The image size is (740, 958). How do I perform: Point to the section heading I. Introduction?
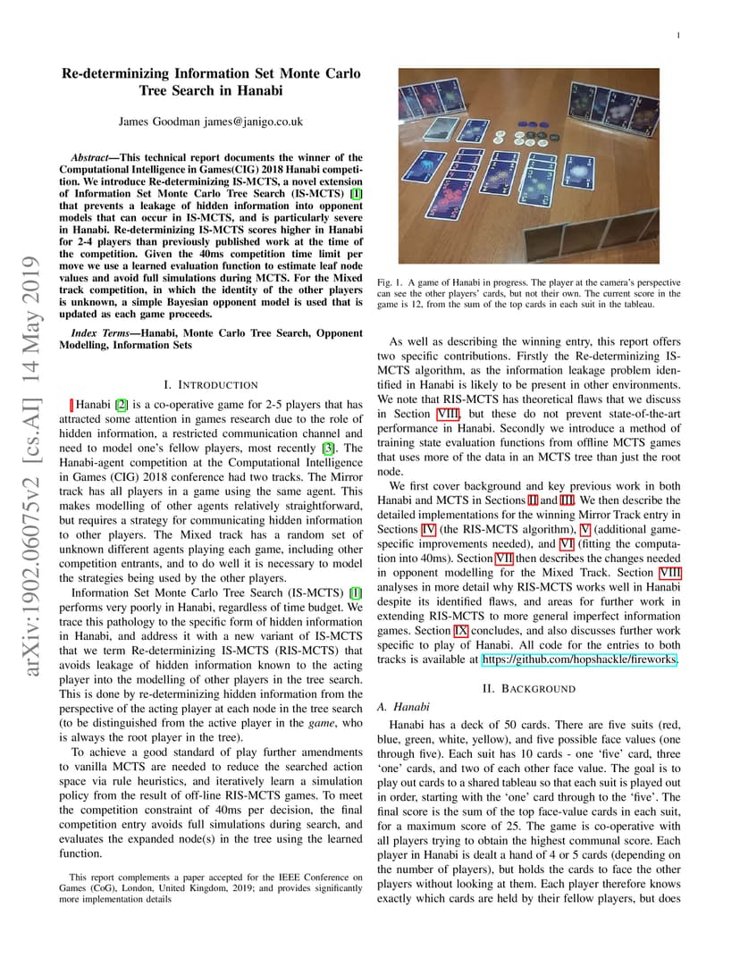coord(211,384)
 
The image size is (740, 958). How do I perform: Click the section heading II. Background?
coord(528,688)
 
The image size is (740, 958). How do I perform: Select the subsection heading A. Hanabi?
coord(399,706)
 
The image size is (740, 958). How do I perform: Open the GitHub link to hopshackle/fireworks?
coord(579,660)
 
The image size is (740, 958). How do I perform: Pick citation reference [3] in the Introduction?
coord(328,448)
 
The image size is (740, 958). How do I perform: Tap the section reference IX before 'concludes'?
coord(461,631)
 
